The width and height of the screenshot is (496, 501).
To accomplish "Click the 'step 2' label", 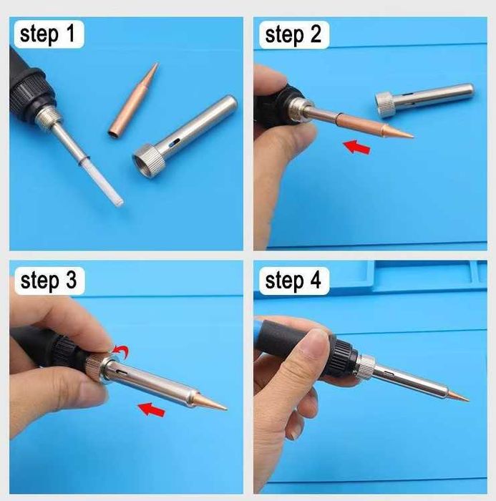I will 293,34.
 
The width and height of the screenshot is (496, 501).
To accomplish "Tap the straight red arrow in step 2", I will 357,147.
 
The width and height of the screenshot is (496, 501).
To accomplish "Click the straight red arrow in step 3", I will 152,409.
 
